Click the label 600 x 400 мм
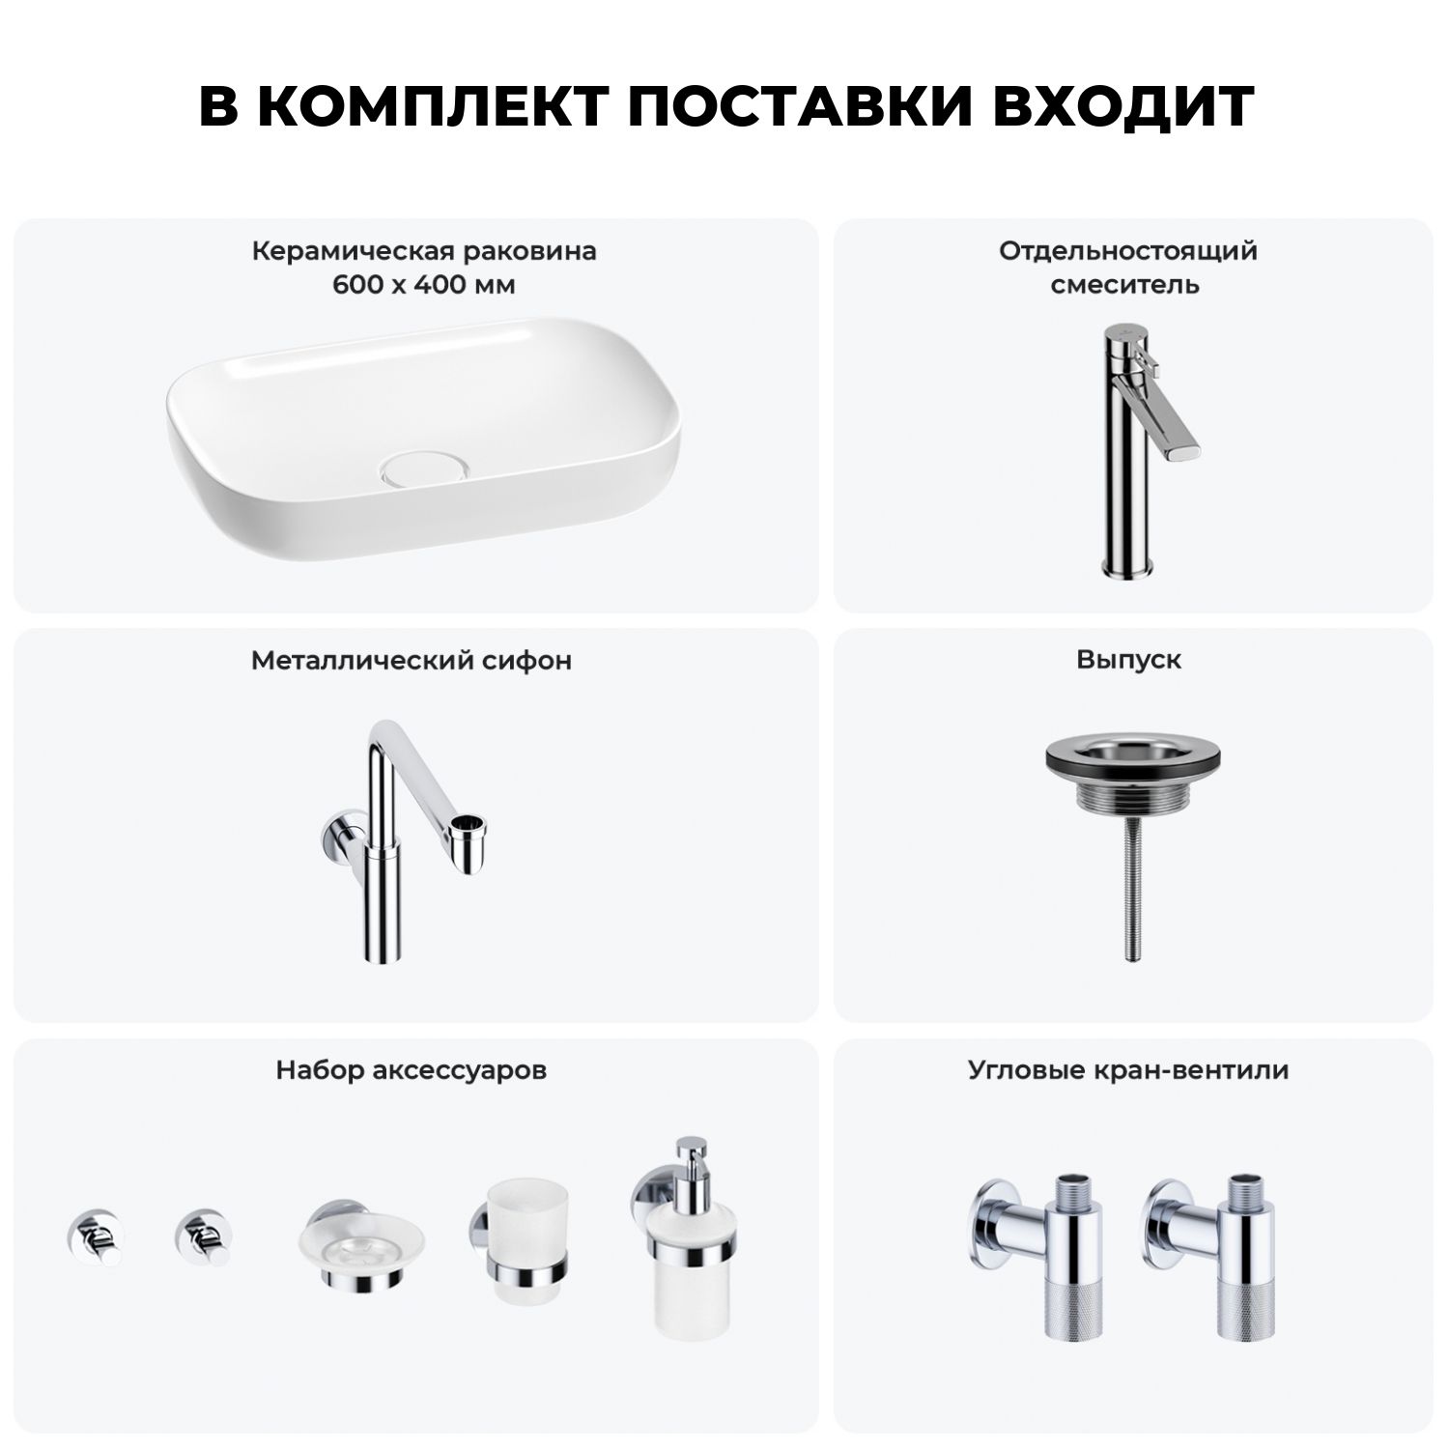click(424, 286)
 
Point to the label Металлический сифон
click(412, 661)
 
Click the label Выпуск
click(1129, 660)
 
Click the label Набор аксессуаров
click(412, 1070)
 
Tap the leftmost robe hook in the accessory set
click(94, 1236)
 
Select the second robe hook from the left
click(203, 1236)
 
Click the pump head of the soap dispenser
click(693, 1158)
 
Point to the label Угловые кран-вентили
click(1128, 1070)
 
